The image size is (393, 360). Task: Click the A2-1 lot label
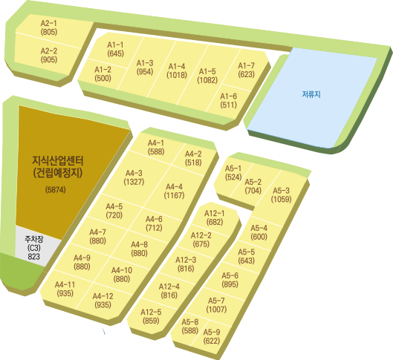coord(48,23)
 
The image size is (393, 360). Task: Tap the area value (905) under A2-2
coord(49,59)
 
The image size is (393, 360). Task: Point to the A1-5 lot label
coord(207,71)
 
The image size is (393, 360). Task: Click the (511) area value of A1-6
coord(228,105)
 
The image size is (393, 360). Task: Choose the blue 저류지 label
coord(311,94)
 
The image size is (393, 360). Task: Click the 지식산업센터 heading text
coord(58,161)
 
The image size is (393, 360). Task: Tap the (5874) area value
coord(56,190)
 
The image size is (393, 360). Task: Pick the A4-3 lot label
coord(134,173)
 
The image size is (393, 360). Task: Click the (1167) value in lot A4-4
coord(174,195)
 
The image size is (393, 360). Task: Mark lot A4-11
coord(66,289)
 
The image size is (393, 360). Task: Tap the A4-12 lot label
coord(103,296)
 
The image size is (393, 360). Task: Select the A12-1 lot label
coord(214,213)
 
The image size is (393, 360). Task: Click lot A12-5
coord(152,317)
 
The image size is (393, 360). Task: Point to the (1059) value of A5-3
coord(281,199)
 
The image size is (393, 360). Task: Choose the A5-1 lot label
coord(233,168)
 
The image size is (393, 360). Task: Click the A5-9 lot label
coord(212,333)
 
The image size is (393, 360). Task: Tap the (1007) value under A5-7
coord(216,310)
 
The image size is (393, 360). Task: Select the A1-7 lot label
coord(246,65)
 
